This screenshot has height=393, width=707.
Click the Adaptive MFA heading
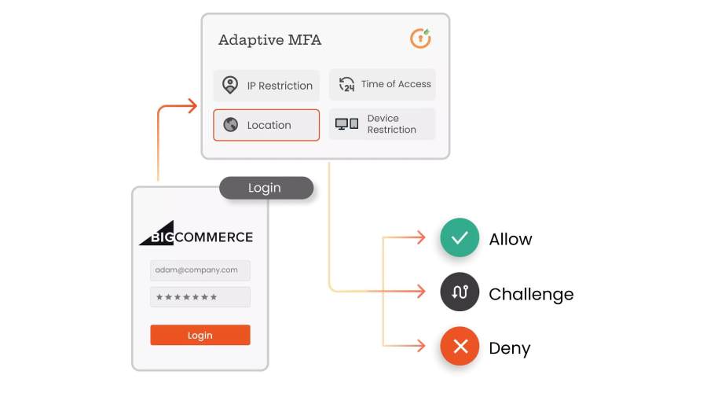click(269, 40)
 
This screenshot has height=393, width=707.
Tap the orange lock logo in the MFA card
click(420, 39)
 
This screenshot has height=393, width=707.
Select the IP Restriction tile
click(266, 85)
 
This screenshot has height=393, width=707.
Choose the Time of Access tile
click(382, 84)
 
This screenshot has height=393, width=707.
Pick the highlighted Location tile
click(266, 125)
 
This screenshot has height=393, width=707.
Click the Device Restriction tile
click(382, 124)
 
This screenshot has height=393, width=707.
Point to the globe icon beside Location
click(230, 125)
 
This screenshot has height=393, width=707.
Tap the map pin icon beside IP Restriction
click(229, 85)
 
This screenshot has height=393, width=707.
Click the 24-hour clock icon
click(346, 84)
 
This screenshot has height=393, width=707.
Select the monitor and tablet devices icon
click(346, 124)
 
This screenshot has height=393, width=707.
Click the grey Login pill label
click(265, 188)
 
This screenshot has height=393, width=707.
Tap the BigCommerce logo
click(196, 236)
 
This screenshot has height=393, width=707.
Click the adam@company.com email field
click(200, 270)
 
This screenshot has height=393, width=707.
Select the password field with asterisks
click(200, 297)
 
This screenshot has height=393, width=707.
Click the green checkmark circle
click(460, 237)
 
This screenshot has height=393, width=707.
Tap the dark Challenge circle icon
click(460, 292)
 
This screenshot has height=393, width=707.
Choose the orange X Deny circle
click(460, 346)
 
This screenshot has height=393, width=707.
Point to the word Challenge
click(531, 294)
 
